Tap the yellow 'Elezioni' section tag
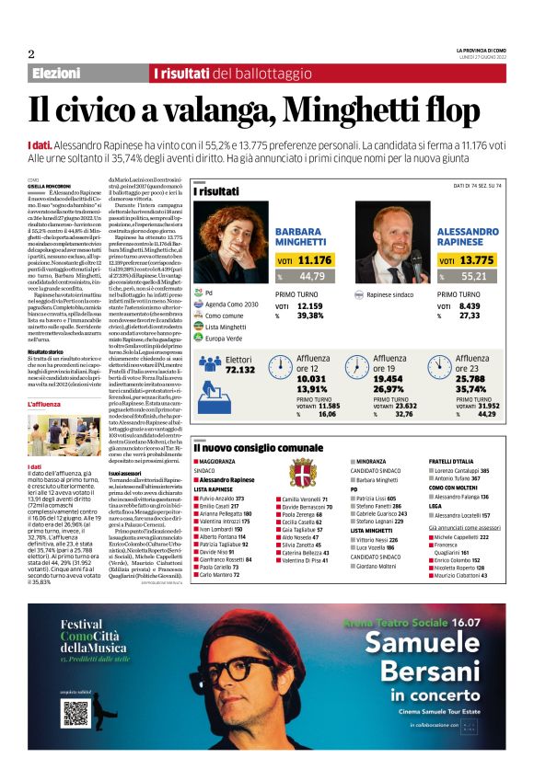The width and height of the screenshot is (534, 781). click(x=56, y=73)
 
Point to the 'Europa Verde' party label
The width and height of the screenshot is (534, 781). click(x=224, y=338)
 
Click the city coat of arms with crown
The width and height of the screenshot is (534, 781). click(x=301, y=476)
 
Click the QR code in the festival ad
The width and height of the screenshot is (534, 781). click(x=75, y=687)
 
